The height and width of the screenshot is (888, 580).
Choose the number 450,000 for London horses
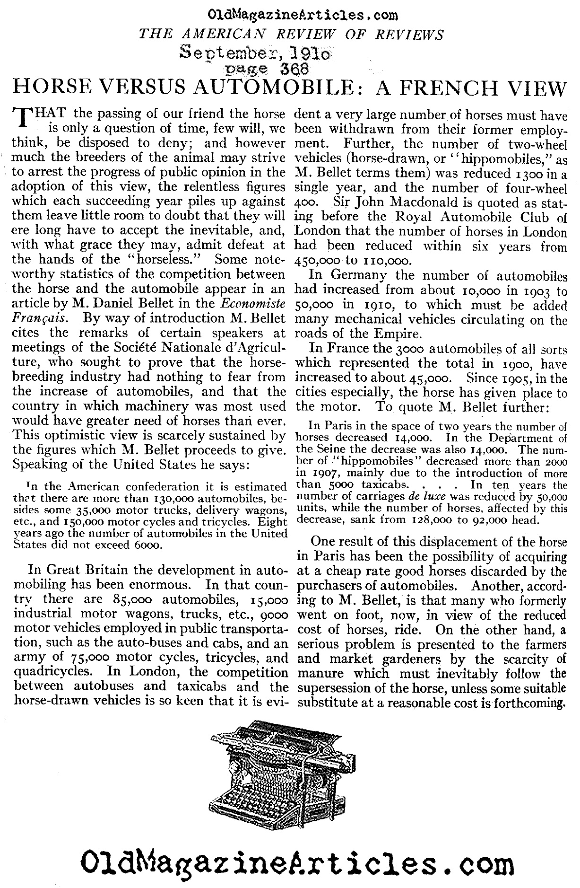coord(318,260)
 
